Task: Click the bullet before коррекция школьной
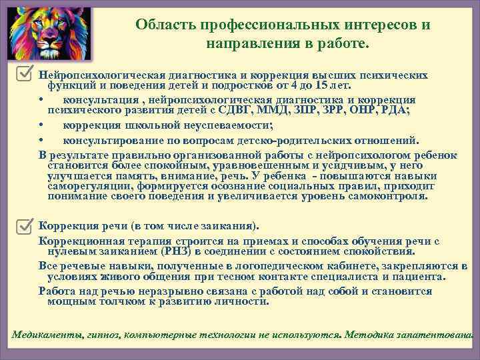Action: [x=41, y=125]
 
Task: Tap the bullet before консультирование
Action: [x=41, y=140]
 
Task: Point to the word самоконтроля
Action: [x=391, y=197]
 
